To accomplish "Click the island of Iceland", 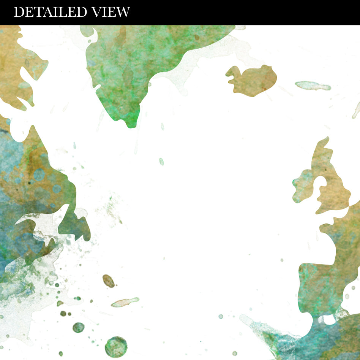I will tap(252, 80).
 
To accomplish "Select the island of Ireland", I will tap(304, 186).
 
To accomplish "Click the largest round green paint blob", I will tap(116, 347).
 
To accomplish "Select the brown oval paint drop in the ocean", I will tap(109, 281).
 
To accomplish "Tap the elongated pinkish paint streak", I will tap(125, 302).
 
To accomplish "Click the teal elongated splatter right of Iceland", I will tap(312, 86).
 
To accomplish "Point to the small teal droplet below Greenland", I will tap(161, 162).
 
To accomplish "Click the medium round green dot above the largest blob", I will tap(78, 327).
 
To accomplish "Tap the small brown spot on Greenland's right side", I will tap(197, 37).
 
